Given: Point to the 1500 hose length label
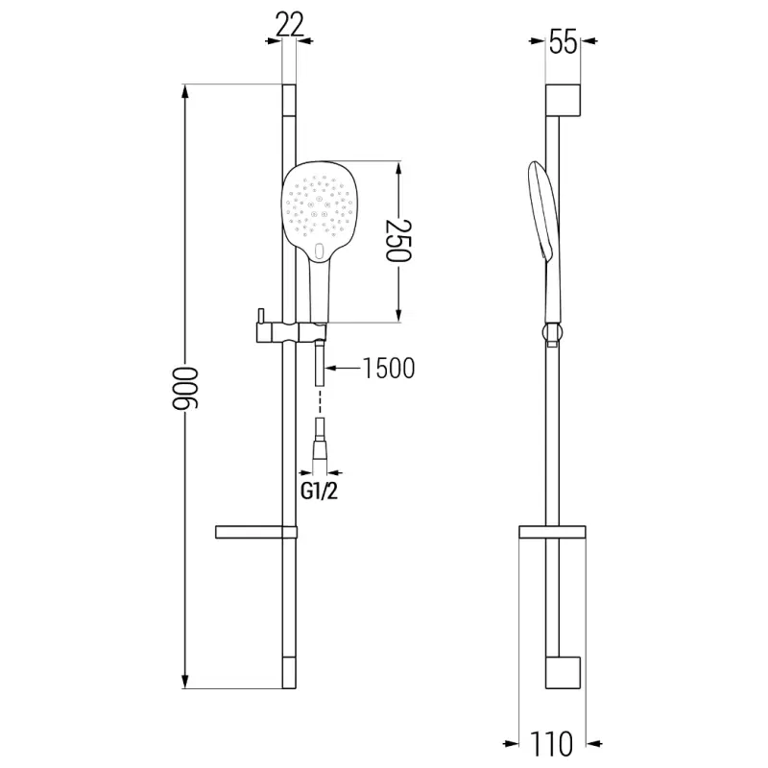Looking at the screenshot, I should [389, 369].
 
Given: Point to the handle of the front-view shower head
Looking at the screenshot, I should [319, 293].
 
